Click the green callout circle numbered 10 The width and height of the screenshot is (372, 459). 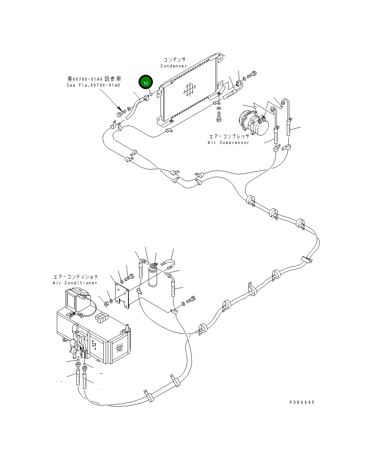pyautogui.click(x=146, y=83)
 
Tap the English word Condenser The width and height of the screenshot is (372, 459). pyautogui.click(x=174, y=66)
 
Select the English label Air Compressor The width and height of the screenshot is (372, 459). pyautogui.click(x=229, y=143)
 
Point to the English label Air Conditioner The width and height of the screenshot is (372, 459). pyautogui.click(x=75, y=283)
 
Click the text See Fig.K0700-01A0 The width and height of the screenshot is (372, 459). pyautogui.click(x=93, y=85)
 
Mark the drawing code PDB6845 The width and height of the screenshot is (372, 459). pyautogui.click(x=302, y=402)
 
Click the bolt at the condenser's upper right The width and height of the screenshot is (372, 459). pyautogui.click(x=252, y=74)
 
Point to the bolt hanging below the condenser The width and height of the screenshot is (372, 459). pyautogui.click(x=218, y=118)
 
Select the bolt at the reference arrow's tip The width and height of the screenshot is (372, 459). pyautogui.click(x=120, y=114)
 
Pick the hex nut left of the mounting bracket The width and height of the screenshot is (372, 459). pyautogui.click(x=107, y=303)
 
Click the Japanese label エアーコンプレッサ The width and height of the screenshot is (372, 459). pyautogui.click(x=229, y=137)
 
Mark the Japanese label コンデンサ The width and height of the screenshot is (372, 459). pyautogui.click(x=174, y=60)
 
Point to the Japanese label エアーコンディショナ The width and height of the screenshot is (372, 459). pyautogui.click(x=75, y=277)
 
